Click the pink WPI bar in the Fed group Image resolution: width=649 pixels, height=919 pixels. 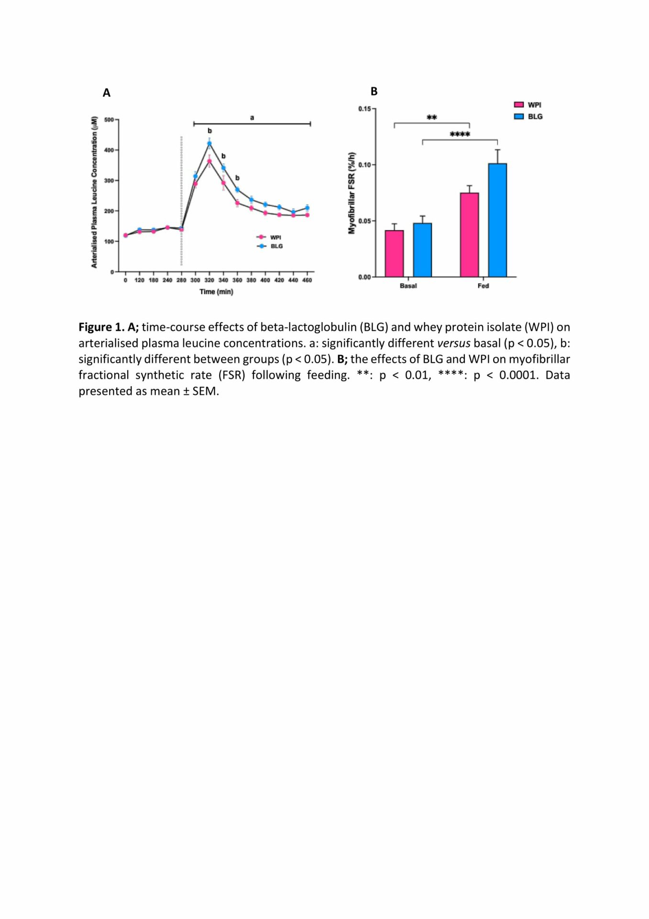click(469, 235)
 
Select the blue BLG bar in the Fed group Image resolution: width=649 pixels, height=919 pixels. click(497, 220)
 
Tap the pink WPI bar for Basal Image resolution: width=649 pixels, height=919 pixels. click(394, 254)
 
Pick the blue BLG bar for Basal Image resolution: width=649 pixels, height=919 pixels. click(422, 250)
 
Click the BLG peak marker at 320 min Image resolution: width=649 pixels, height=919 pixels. click(209, 143)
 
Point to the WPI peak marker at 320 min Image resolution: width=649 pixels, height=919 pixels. click(209, 161)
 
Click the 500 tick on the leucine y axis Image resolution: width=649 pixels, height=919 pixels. click(109, 120)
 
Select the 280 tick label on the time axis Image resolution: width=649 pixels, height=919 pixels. click(181, 280)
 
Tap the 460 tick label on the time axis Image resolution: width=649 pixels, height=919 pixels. click(307, 280)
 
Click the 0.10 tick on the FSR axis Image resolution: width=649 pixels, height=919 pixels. click(364, 165)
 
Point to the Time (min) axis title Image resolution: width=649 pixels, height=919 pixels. click(216, 291)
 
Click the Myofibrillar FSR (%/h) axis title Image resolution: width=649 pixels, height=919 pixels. click(352, 193)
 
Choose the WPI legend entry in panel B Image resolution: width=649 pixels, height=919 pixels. click(528, 105)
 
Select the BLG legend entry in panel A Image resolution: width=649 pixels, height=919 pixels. click(270, 246)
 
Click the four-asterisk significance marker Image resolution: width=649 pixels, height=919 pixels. click(460, 134)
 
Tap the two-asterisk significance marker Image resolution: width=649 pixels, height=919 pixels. click(432, 117)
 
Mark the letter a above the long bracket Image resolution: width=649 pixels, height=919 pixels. click(252, 117)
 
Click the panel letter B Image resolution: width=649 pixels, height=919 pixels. click(374, 91)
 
